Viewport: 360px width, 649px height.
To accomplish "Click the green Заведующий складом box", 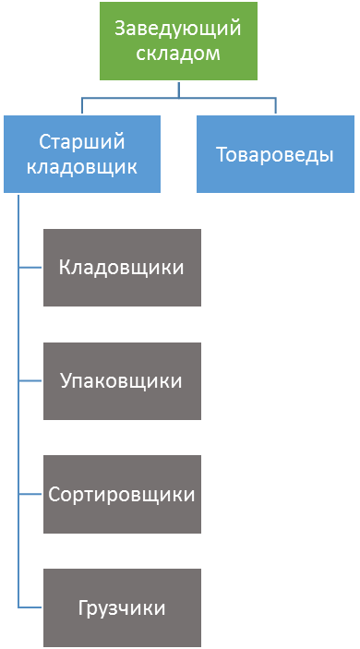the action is (x=178, y=41).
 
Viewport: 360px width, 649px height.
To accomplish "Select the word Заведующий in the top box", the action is (x=178, y=30).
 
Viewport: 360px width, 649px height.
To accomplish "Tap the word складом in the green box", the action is (x=178, y=53).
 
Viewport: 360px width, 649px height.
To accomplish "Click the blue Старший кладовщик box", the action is (x=82, y=154).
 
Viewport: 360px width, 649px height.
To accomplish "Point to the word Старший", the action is (x=82, y=142).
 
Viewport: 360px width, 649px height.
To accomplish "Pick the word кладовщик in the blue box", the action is (x=82, y=167).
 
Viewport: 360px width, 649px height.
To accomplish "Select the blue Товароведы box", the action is (x=275, y=154).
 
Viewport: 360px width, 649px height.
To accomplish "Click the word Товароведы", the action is (x=275, y=155).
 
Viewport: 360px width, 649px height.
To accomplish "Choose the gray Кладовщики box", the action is (x=122, y=268).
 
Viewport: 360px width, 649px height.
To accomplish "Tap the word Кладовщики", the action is (x=121, y=268).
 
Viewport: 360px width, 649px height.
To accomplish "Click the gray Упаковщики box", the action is (x=122, y=380).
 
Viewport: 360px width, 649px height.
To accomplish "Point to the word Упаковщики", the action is (x=121, y=381).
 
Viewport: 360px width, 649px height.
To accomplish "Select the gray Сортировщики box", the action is (x=122, y=494).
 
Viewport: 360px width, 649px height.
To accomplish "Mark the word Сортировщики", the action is (x=122, y=495).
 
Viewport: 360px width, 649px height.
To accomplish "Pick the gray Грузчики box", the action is (x=122, y=607).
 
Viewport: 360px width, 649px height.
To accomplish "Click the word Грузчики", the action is (x=122, y=608).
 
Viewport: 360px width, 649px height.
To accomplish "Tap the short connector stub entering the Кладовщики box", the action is (x=30, y=268).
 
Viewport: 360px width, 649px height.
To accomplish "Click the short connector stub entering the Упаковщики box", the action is (x=30, y=380).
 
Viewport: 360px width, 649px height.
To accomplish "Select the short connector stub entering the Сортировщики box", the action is (x=30, y=494).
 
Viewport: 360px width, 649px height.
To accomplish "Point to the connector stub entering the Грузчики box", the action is (x=30, y=607).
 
